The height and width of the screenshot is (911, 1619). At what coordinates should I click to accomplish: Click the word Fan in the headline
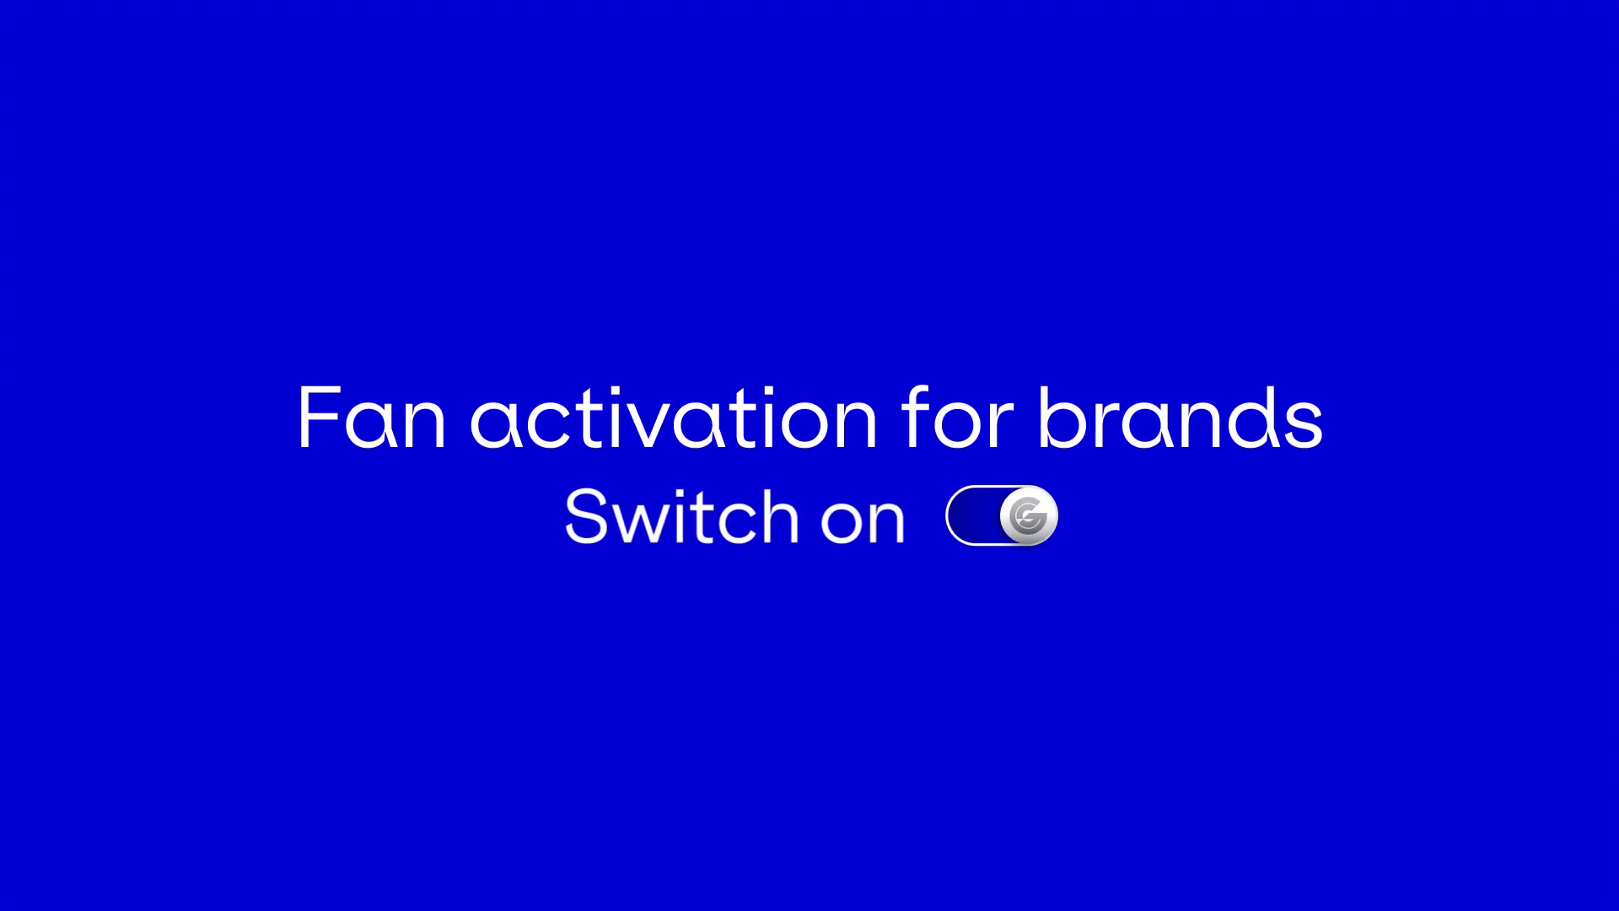372,418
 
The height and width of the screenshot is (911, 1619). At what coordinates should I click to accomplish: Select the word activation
674,418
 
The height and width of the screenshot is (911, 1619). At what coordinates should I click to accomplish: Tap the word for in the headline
957,418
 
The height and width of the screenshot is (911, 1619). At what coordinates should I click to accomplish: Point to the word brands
1180,418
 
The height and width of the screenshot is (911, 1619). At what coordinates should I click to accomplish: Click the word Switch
681,515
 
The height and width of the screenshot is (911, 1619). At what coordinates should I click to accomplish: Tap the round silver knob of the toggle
1028,515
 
